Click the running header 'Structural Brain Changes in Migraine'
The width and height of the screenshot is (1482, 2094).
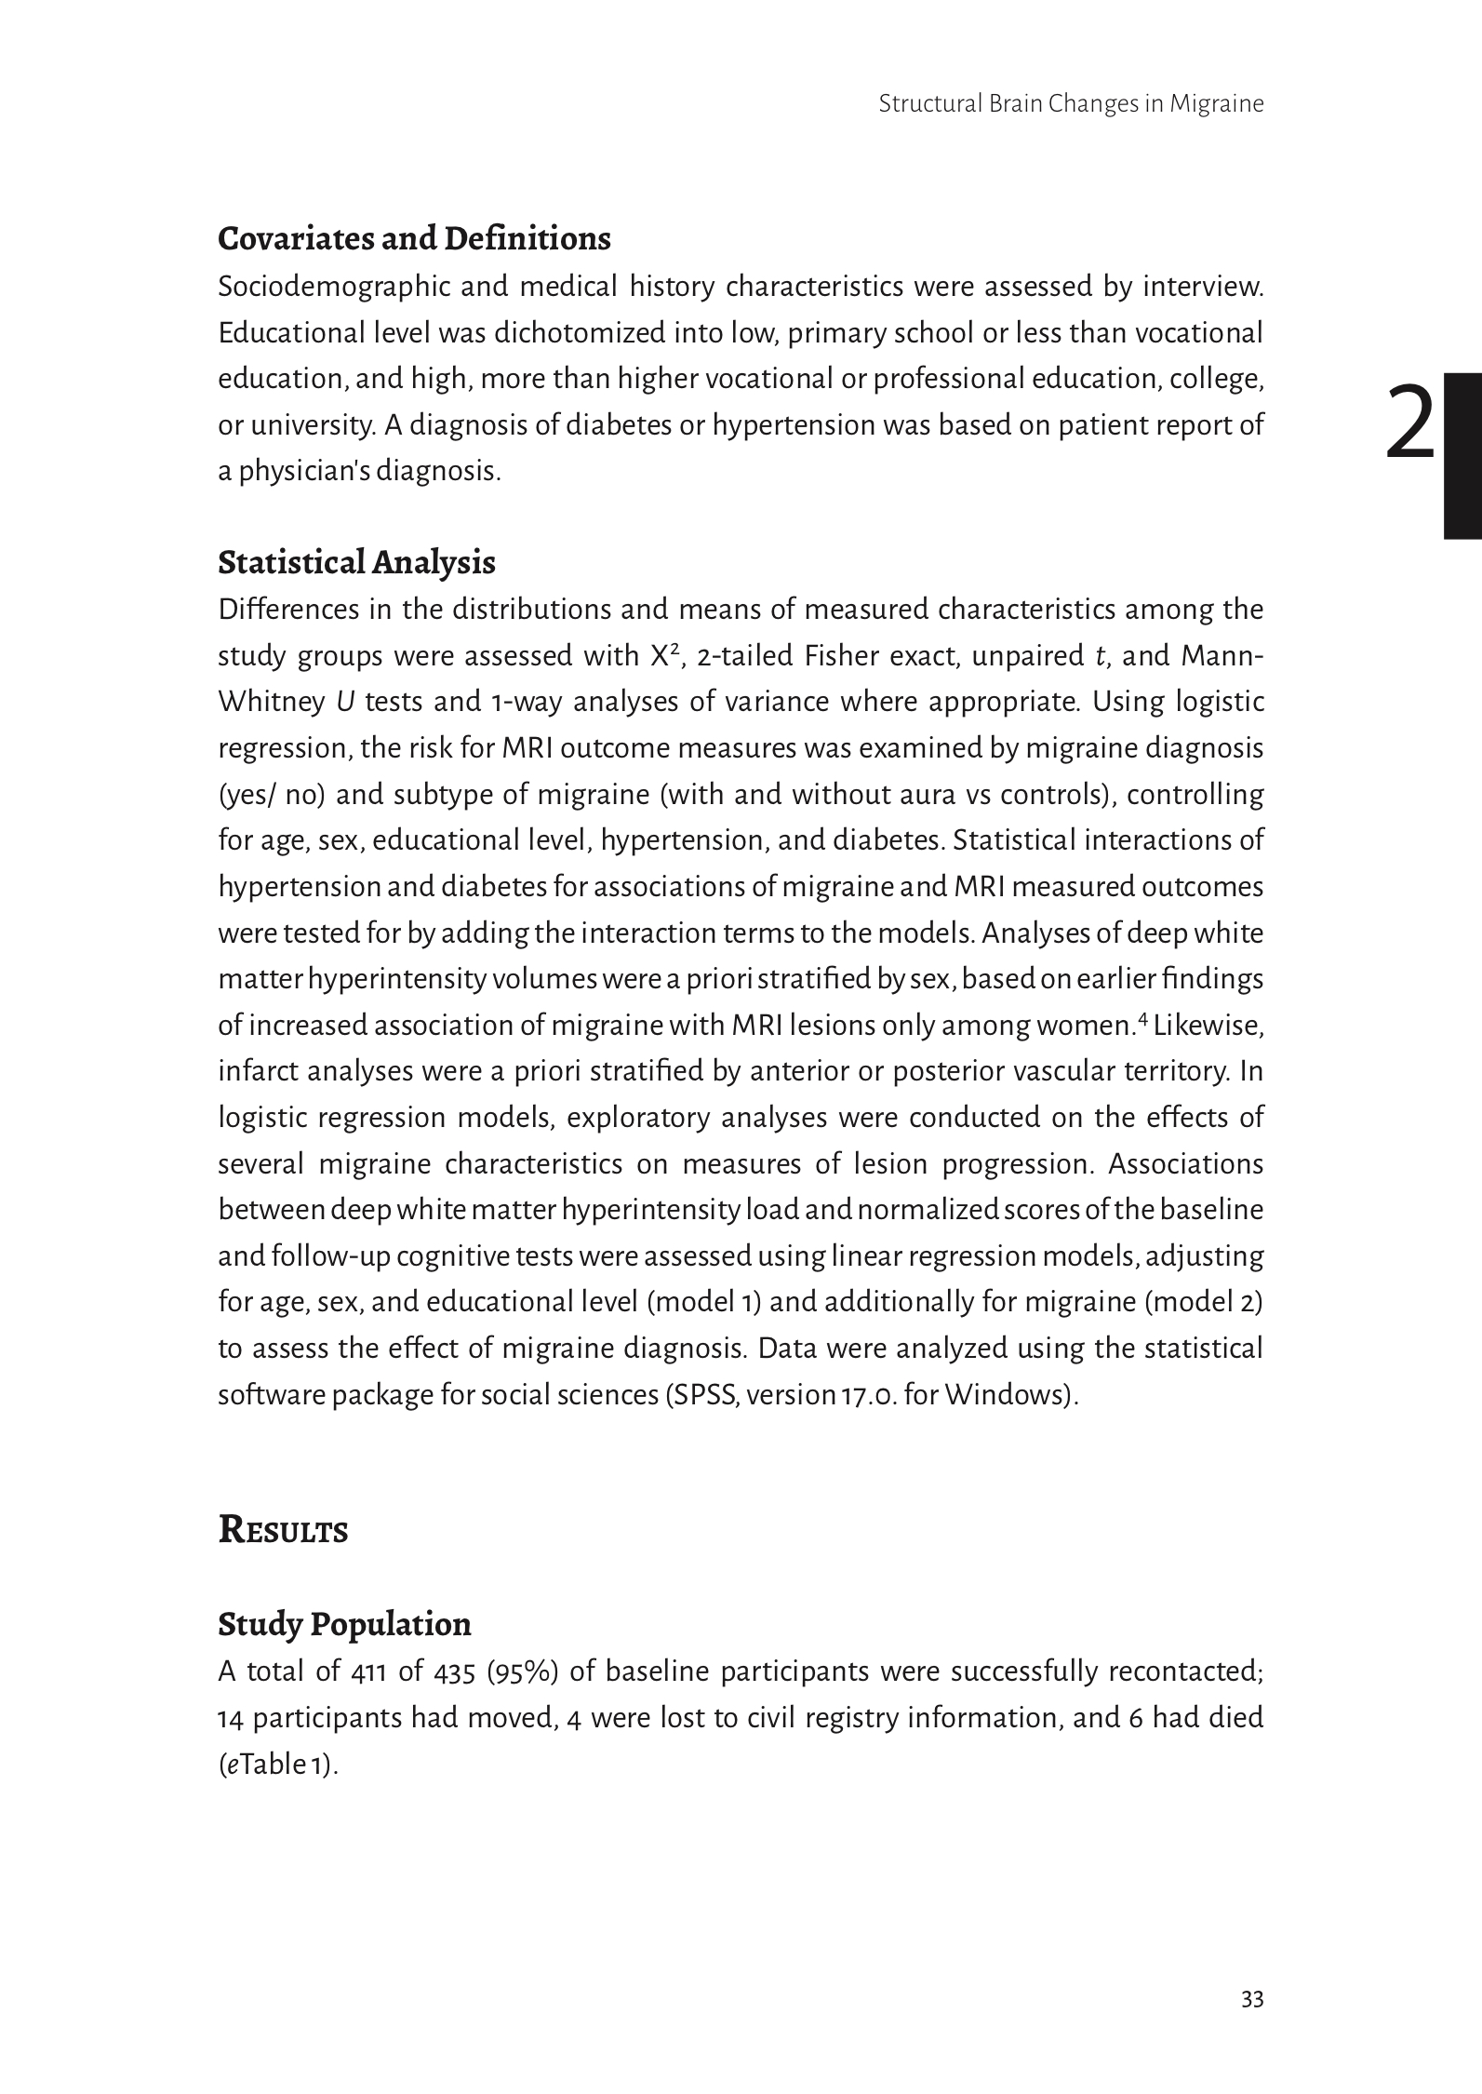[x=1070, y=103]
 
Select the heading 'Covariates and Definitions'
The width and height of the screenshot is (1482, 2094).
[x=414, y=239]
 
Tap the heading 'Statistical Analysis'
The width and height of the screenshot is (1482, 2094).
[x=356, y=563]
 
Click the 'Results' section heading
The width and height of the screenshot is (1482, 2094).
[x=283, y=1530]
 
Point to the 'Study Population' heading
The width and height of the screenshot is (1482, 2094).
[x=344, y=1624]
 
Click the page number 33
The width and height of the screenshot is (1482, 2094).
[x=1252, y=1999]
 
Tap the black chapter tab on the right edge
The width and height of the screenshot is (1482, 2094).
[x=1462, y=456]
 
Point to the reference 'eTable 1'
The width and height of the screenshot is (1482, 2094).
[x=276, y=1765]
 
